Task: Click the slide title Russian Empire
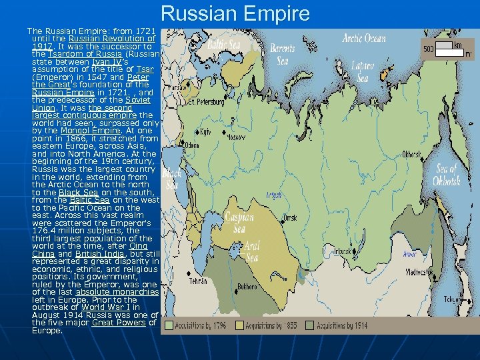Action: click(235, 13)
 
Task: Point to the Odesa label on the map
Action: click(192, 145)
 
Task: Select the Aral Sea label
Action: click(252, 251)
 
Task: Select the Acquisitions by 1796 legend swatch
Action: click(170, 325)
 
